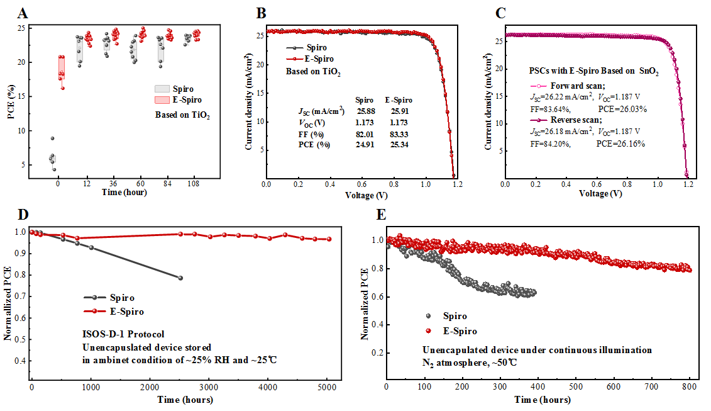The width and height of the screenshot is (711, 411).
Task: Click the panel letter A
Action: click(x=23, y=13)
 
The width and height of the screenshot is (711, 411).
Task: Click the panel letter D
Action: click(x=23, y=214)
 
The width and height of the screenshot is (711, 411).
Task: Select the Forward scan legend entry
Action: click(x=568, y=86)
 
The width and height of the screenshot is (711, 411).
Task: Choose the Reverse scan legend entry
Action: click(x=568, y=120)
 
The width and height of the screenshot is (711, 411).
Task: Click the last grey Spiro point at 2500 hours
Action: click(x=180, y=278)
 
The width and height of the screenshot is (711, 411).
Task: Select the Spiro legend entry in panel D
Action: click(x=121, y=298)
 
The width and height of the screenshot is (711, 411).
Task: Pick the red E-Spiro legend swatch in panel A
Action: click(x=162, y=99)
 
